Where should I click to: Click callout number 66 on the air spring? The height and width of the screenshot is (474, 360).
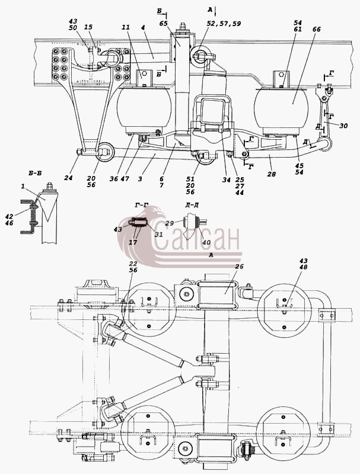pos(317,29)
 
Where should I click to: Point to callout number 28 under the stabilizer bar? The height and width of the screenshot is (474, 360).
pos(272,174)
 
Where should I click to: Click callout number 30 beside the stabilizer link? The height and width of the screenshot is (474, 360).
pos(343,126)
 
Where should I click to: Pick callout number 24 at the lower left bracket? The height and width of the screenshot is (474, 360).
pos(68,178)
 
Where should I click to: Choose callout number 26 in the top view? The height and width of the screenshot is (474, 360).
pos(239,267)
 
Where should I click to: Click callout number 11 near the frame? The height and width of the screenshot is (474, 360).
pos(126,27)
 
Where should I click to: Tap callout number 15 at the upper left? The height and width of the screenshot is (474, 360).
pos(88,27)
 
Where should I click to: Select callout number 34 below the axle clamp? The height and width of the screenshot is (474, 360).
pos(227,180)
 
